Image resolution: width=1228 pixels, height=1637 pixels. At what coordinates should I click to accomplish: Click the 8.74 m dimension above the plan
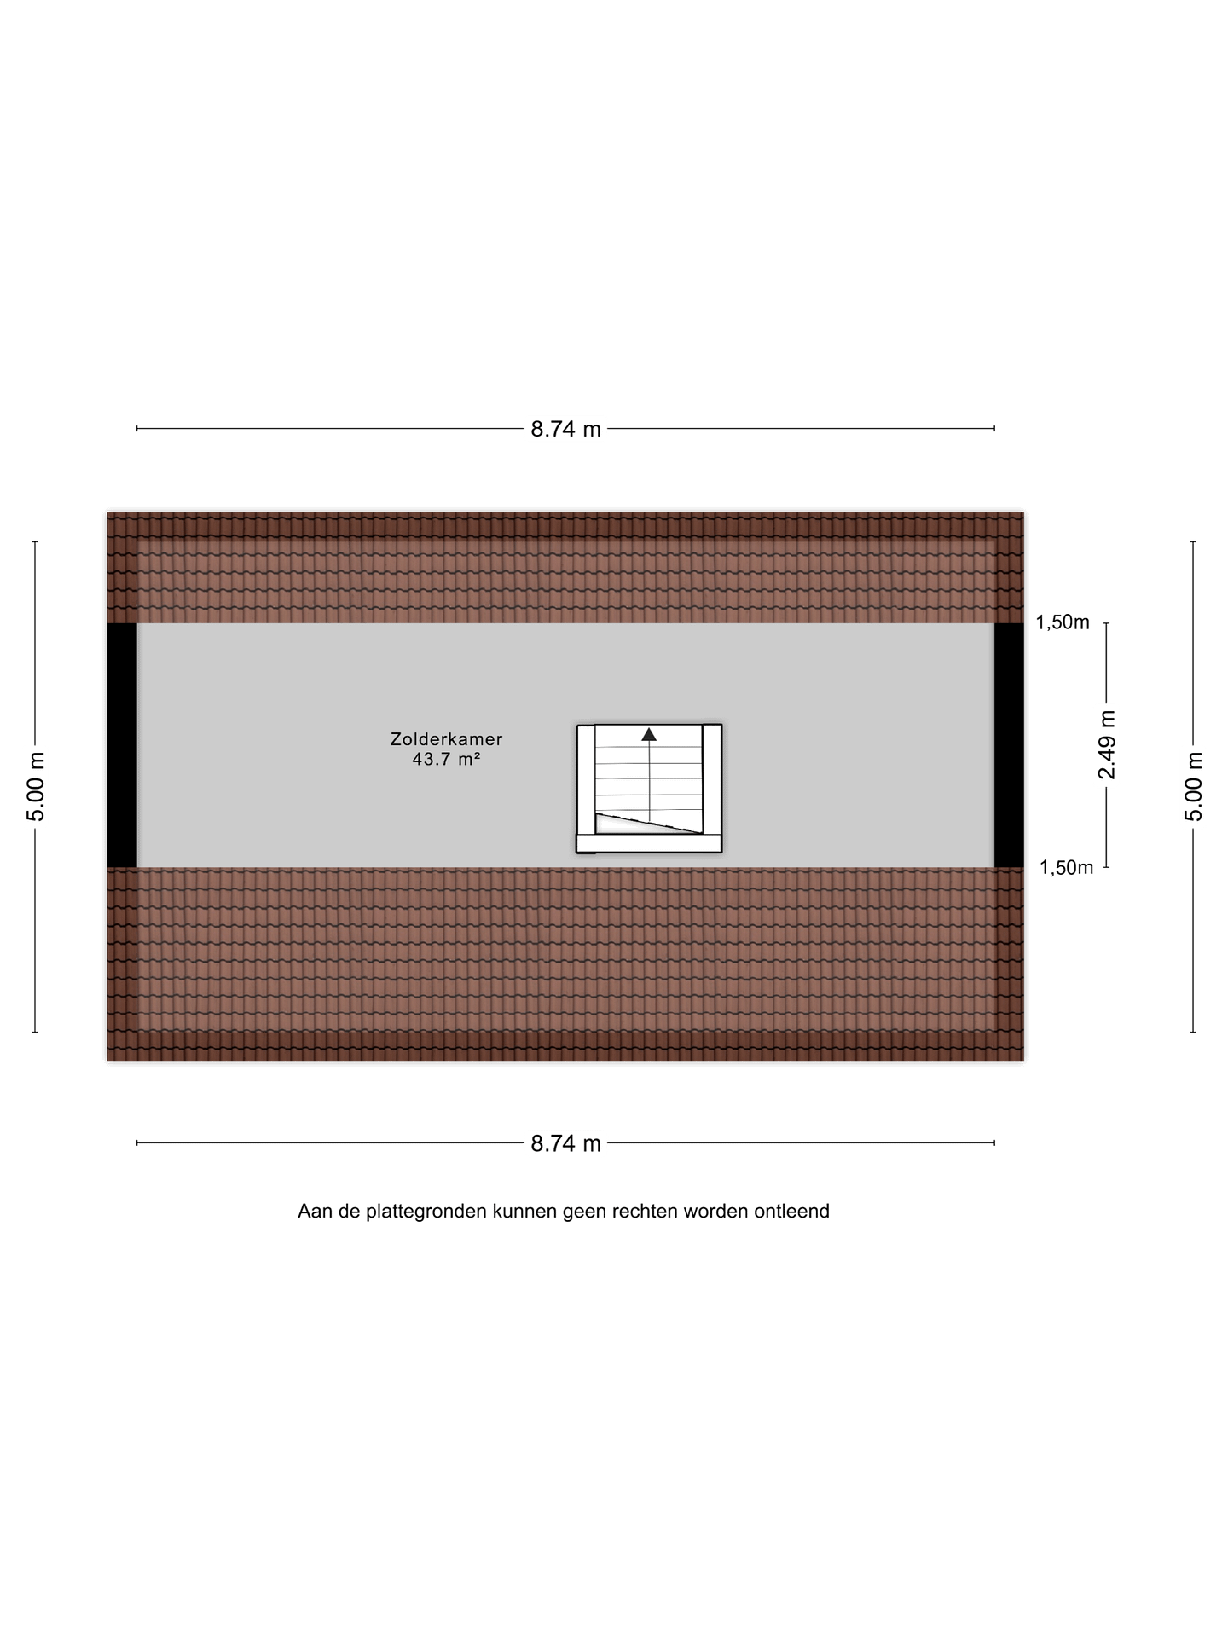click(x=565, y=429)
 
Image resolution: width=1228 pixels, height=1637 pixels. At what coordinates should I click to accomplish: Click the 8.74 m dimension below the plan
click(x=565, y=1143)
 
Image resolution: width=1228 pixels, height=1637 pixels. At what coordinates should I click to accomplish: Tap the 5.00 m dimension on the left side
click(x=36, y=787)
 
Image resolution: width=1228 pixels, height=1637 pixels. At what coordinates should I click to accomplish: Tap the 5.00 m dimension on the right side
click(x=1194, y=787)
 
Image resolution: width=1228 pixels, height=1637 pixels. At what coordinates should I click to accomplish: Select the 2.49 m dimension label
click(x=1107, y=744)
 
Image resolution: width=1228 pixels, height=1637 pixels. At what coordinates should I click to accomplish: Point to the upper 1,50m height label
click(x=1063, y=622)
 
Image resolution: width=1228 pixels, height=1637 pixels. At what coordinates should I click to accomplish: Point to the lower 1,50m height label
click(x=1066, y=868)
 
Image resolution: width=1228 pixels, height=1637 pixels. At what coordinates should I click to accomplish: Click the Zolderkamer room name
click(x=446, y=739)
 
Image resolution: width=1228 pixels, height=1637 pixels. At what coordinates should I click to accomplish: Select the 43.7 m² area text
click(x=446, y=759)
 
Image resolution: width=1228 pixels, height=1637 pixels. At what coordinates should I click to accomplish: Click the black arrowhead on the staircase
click(x=649, y=734)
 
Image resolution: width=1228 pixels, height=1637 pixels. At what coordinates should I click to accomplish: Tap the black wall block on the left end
click(x=122, y=745)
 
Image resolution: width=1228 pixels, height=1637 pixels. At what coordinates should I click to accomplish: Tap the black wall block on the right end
click(x=1009, y=745)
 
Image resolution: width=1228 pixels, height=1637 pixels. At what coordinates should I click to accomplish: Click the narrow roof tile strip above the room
click(x=565, y=568)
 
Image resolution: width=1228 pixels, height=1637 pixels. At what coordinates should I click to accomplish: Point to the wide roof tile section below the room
click(x=565, y=964)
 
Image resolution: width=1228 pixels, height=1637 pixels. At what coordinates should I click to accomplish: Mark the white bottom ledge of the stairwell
click(x=649, y=843)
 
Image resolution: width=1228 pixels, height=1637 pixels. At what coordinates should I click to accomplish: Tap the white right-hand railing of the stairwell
click(x=712, y=779)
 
